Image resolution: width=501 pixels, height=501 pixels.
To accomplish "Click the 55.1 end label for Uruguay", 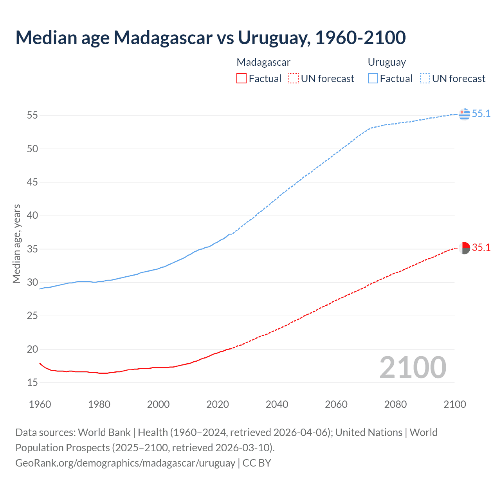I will point(481,114).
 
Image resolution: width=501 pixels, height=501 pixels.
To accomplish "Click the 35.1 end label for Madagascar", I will point(481,247).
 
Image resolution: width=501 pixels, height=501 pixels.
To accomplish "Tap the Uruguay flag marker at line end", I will point(464,114).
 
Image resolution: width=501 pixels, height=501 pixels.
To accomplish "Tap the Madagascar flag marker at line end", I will point(464,248).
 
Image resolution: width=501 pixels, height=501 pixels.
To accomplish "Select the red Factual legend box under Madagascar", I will point(241,78).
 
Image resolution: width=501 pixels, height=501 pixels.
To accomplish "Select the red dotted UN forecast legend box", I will point(294,78).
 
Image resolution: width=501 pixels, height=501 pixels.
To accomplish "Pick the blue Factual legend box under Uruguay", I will point(373,78).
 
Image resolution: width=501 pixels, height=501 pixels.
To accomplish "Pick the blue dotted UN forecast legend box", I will point(425,78).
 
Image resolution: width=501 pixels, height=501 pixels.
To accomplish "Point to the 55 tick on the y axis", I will point(32,115).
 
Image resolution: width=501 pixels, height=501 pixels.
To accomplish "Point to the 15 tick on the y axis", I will point(32,382).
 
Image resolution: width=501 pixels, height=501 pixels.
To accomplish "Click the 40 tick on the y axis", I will point(32,215).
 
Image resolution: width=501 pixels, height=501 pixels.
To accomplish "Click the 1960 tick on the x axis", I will point(40,404).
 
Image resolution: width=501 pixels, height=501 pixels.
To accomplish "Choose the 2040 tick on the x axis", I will point(277,404).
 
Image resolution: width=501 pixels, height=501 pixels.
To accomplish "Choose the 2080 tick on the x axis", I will point(395,404).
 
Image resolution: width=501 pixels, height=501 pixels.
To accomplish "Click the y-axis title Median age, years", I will point(16,243).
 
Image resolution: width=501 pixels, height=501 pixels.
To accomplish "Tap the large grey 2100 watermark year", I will point(413,367).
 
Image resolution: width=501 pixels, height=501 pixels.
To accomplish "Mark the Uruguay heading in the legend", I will point(387,62).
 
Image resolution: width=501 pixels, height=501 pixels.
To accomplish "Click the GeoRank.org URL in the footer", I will point(125,463).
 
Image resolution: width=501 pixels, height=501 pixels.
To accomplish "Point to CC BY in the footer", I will point(257,463).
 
